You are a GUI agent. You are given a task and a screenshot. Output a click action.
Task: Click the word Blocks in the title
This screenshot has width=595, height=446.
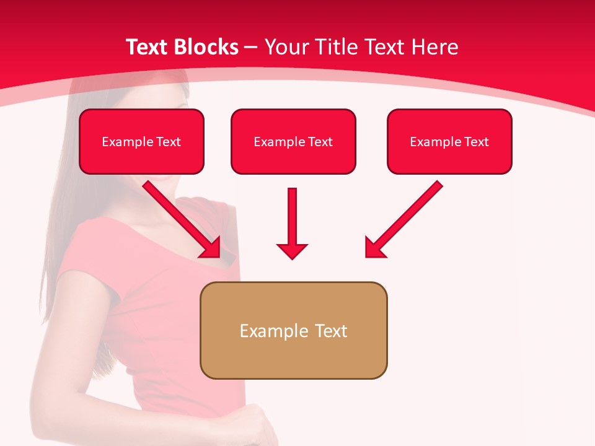pos(207,47)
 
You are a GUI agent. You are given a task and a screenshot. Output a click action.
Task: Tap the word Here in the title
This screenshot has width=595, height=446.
pos(434,47)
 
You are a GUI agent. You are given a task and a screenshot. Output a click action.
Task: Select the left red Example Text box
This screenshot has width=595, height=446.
pos(141,142)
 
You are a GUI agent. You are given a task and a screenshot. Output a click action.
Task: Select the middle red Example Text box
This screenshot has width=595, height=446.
pos(293,142)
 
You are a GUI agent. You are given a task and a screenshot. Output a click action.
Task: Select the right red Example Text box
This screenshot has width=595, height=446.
pos(449,142)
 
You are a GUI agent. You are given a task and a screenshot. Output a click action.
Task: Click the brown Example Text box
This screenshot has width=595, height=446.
pos(293,330)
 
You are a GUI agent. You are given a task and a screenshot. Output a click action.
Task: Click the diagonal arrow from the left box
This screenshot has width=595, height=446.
pos(180,217)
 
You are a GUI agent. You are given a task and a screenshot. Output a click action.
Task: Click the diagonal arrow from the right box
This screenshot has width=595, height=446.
pos(406,217)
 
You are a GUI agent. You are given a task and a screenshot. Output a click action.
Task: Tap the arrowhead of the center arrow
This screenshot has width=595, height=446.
pos(293,251)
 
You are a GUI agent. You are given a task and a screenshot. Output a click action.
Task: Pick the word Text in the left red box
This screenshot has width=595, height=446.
pos(169,142)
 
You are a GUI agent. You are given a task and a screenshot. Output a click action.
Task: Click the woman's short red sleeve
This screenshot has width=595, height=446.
pos(84,260)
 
